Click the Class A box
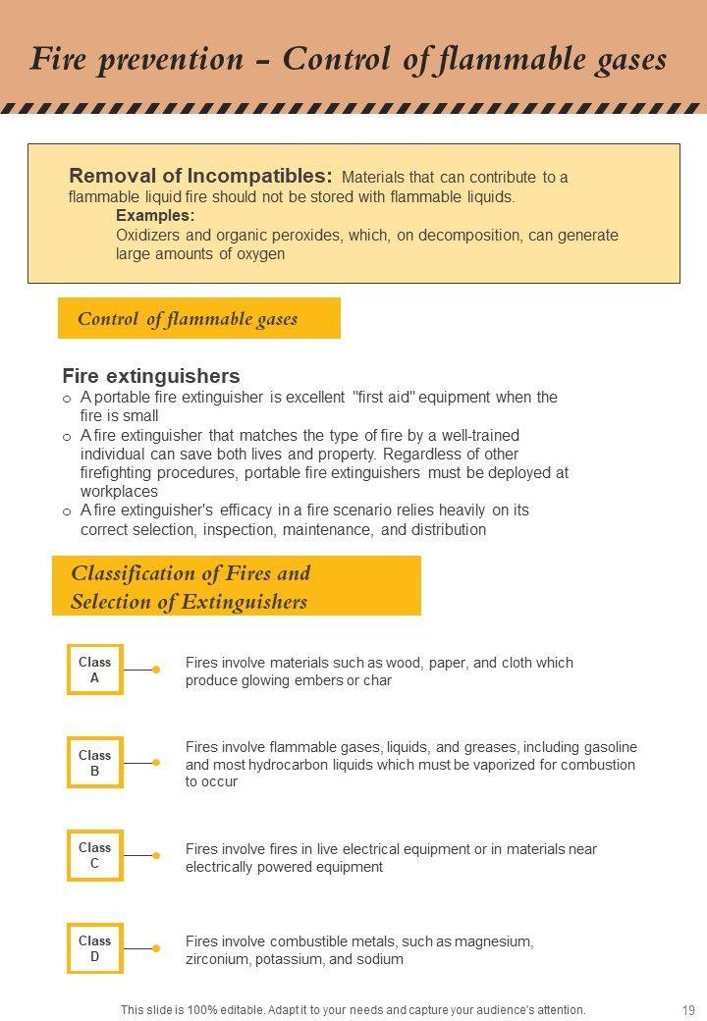tap(95, 670)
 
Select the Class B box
tap(95, 763)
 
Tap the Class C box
tap(95, 855)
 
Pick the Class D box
tap(95, 948)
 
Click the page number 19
tap(687, 1009)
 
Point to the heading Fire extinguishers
tap(151, 376)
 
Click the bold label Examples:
tap(155, 215)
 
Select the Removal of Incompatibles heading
tap(200, 177)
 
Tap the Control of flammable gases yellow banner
tap(198, 318)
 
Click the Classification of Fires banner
tap(236, 586)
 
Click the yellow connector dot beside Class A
tap(156, 670)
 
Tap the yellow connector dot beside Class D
tap(156, 948)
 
